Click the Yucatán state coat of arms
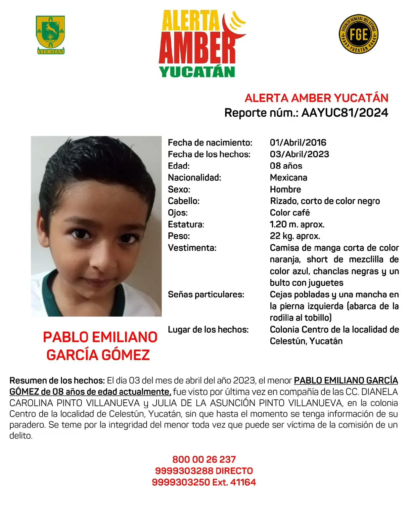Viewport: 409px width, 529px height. [x=50, y=34]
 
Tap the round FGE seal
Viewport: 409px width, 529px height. [x=359, y=34]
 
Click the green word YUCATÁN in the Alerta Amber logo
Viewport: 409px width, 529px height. [x=197, y=72]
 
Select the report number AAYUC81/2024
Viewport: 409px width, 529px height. [x=344, y=113]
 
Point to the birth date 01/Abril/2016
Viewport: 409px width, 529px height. [x=298, y=142]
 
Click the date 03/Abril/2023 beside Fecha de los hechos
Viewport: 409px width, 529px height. [x=299, y=154]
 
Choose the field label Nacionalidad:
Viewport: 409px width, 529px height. [x=194, y=178]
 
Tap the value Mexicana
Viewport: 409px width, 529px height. [x=288, y=178]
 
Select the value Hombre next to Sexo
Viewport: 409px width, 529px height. [x=285, y=189]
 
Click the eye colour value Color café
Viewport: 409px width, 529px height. [x=290, y=213]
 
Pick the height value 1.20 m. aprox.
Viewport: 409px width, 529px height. [x=297, y=224]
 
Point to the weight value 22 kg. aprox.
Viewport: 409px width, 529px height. [x=295, y=236]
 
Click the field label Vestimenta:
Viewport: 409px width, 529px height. [x=192, y=248]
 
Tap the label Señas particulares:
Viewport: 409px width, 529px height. [x=206, y=294]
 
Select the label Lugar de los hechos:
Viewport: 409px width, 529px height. [x=208, y=329]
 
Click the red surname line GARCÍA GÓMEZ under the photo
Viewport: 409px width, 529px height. [x=98, y=355]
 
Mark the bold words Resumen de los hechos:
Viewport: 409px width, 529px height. [x=57, y=381]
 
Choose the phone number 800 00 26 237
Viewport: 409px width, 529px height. [x=204, y=459]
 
